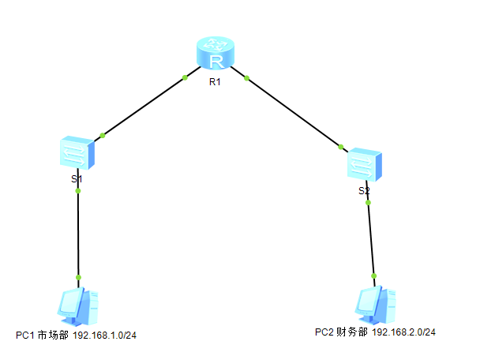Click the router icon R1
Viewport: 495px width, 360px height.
(216, 55)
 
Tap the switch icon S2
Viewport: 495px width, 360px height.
(366, 164)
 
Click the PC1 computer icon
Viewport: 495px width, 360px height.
(78, 306)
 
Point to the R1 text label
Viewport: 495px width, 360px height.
(215, 83)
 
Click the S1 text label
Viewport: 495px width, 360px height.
(77, 179)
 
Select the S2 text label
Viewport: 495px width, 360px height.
(363, 191)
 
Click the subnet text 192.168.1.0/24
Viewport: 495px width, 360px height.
(105, 336)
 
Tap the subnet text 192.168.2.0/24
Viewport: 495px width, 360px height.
(403, 332)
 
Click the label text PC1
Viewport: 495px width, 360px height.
(25, 336)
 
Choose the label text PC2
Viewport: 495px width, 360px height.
(324, 332)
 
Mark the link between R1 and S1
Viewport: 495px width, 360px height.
(144, 107)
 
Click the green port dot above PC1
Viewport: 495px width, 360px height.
(78, 278)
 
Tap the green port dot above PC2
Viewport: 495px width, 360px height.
(374, 276)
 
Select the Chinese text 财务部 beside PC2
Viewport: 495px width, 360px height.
(352, 332)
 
